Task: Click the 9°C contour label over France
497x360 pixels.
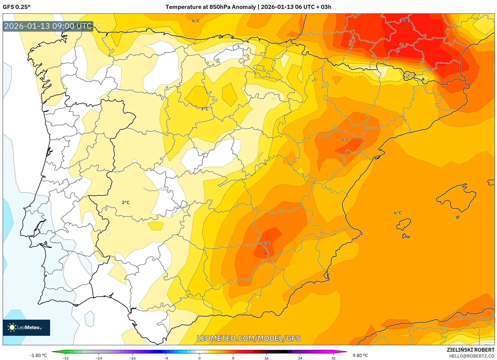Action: [406, 20]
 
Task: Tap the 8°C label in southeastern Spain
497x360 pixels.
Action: [266, 243]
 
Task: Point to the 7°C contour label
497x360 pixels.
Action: [345, 140]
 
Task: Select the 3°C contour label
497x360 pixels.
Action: [205, 109]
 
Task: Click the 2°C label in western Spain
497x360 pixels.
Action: [125, 202]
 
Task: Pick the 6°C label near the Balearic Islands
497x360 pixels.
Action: [398, 213]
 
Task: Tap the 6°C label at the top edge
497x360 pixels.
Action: [196, 20]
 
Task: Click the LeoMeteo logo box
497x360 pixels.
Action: [26, 327]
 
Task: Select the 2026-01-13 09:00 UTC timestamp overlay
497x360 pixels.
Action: [48, 26]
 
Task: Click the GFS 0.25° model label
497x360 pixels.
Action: [16, 7]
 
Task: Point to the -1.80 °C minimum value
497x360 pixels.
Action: [38, 355]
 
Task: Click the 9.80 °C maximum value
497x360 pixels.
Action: [360, 355]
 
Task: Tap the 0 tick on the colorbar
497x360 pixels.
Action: [199, 358]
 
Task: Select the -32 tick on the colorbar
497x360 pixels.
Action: [65, 358]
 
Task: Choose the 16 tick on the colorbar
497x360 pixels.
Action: [266, 358]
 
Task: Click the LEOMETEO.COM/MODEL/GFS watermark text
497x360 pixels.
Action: [248, 338]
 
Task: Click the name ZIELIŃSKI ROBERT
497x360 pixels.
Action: [471, 350]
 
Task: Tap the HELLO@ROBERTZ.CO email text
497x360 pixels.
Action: [472, 356]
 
